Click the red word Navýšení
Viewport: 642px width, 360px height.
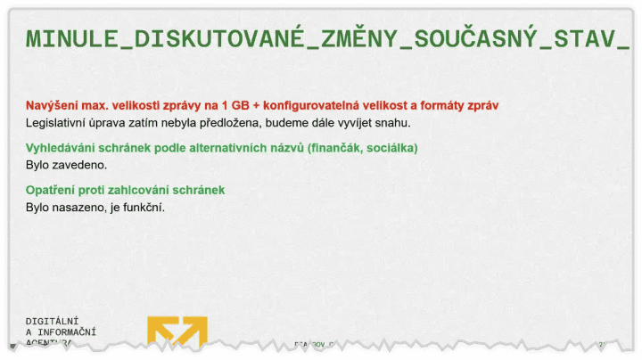[51, 105]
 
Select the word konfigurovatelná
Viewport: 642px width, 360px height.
[322, 105]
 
